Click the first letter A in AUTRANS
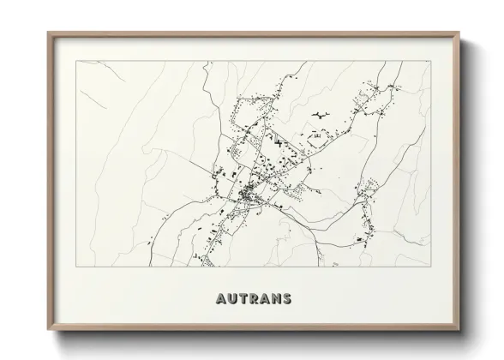coord(213,300)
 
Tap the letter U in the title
coord(225,300)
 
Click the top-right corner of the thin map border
coord(428,62)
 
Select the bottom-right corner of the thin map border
coord(428,267)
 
